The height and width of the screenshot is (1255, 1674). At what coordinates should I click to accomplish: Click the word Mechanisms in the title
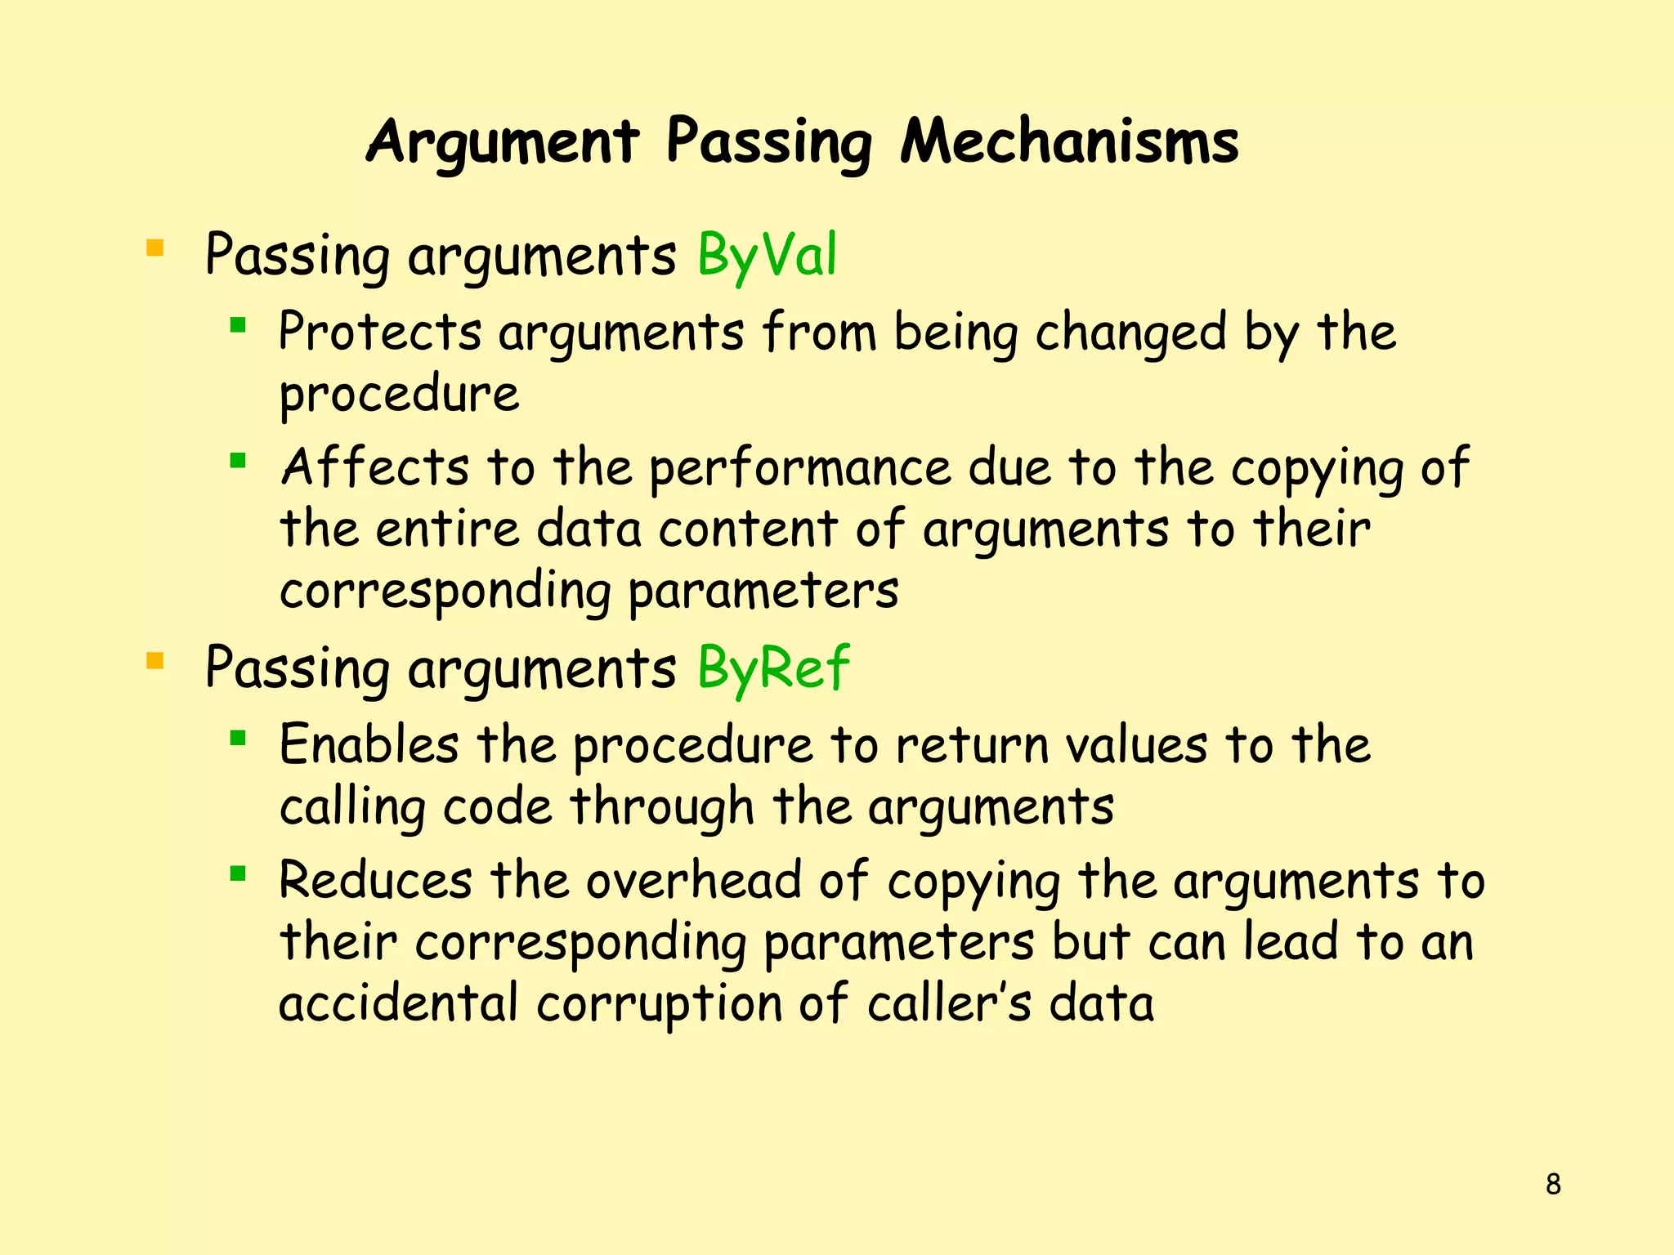pyautogui.click(x=1069, y=142)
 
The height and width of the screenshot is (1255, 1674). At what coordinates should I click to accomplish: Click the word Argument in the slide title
pyautogui.click(x=502, y=144)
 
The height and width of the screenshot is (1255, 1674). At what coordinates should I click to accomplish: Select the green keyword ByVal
pyautogui.click(x=767, y=255)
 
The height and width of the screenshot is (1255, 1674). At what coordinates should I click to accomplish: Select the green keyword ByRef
pyautogui.click(x=773, y=668)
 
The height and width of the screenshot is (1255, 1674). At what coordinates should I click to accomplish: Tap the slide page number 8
pyautogui.click(x=1553, y=1184)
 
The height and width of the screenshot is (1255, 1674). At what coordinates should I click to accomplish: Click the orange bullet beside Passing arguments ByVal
pyautogui.click(x=154, y=247)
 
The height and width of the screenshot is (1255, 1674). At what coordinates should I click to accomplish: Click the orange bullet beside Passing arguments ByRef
pyautogui.click(x=154, y=660)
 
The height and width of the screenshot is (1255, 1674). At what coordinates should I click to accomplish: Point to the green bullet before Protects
pyautogui.click(x=238, y=326)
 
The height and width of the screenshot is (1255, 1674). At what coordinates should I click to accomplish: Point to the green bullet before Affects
pyautogui.click(x=238, y=461)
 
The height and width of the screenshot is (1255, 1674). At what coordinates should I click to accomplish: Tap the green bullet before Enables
pyautogui.click(x=238, y=739)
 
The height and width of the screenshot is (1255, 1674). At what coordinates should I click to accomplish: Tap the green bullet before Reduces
pyautogui.click(x=238, y=875)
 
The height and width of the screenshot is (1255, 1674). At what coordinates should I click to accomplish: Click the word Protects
pyautogui.click(x=380, y=333)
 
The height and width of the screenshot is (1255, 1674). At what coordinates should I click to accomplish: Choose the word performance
pyautogui.click(x=800, y=469)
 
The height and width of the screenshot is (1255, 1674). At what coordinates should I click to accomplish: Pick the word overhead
pyautogui.click(x=693, y=881)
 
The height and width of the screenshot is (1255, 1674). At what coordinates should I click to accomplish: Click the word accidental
pyautogui.click(x=398, y=1004)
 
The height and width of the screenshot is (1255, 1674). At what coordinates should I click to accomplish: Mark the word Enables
pyautogui.click(x=369, y=745)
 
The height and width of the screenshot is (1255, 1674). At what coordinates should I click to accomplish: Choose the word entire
pyautogui.click(x=447, y=529)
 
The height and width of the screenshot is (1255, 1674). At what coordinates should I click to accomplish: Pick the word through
pyautogui.click(x=661, y=807)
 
